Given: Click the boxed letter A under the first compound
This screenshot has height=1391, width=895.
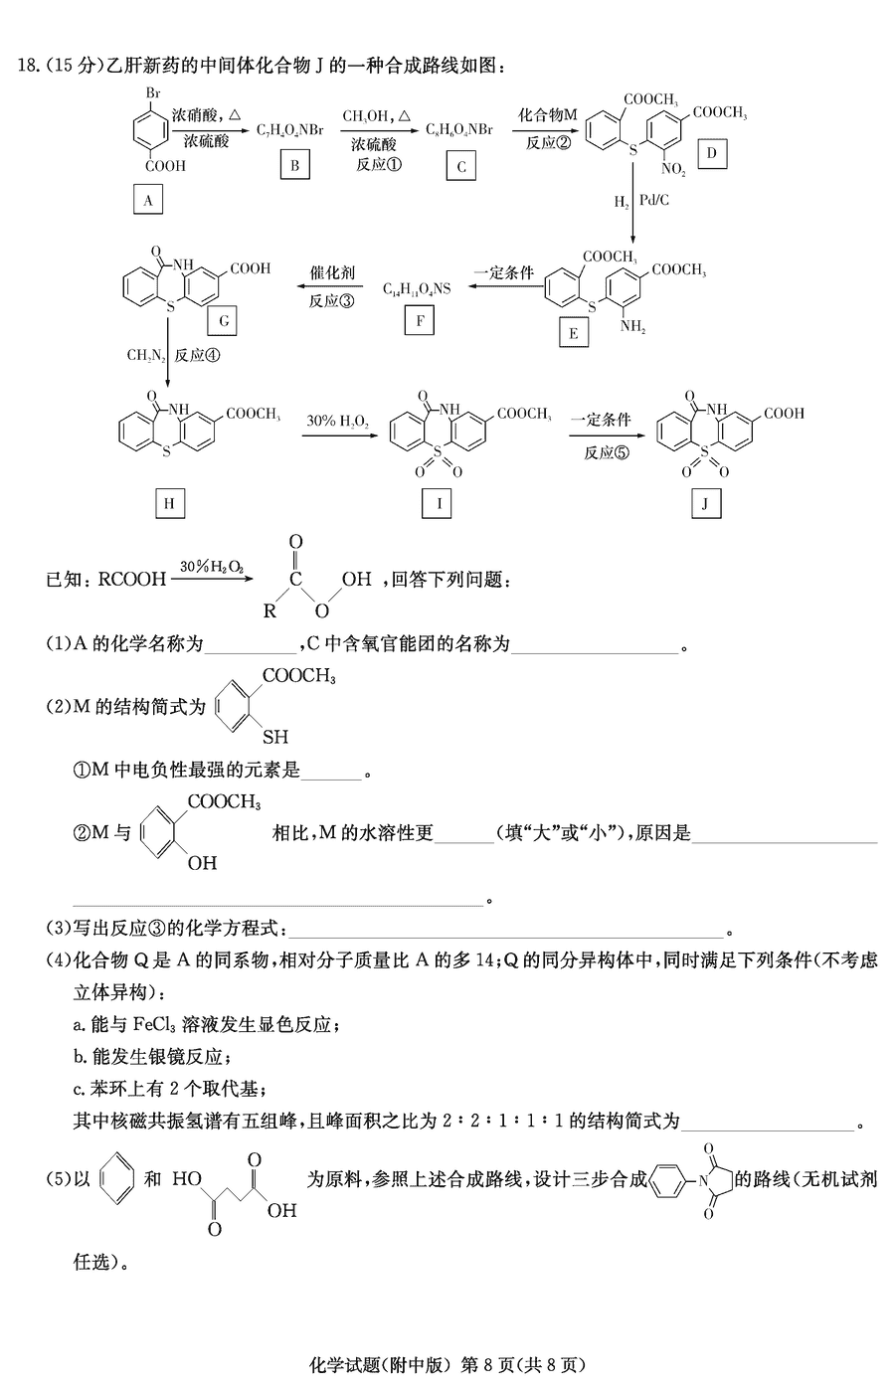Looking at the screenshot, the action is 148,199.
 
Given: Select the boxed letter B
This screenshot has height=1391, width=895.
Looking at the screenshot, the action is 295,165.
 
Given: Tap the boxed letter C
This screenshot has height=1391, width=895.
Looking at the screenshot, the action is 460,165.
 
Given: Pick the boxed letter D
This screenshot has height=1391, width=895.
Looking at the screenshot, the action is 712,153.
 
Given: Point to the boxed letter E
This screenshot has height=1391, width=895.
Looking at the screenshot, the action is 573,333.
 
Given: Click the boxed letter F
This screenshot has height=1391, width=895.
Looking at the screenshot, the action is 420,320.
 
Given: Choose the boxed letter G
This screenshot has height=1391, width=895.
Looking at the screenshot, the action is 223,320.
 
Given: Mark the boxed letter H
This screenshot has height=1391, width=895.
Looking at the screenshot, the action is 170,503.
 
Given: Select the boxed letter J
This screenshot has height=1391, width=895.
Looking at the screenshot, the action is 706,503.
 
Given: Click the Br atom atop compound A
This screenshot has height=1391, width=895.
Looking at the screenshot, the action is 153,93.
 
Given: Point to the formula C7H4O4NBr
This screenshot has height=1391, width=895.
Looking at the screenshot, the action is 290,130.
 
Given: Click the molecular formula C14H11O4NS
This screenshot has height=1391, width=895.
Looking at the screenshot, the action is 417,288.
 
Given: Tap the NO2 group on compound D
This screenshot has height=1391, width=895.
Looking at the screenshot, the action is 673,169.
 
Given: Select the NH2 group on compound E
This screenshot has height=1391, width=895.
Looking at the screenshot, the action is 632,327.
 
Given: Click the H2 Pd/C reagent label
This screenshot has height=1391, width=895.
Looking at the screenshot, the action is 641,201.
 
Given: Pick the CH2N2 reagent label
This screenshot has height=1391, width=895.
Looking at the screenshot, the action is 146,355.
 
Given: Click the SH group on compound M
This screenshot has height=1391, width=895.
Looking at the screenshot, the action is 275,737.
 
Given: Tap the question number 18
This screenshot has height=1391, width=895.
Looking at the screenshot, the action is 29,66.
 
